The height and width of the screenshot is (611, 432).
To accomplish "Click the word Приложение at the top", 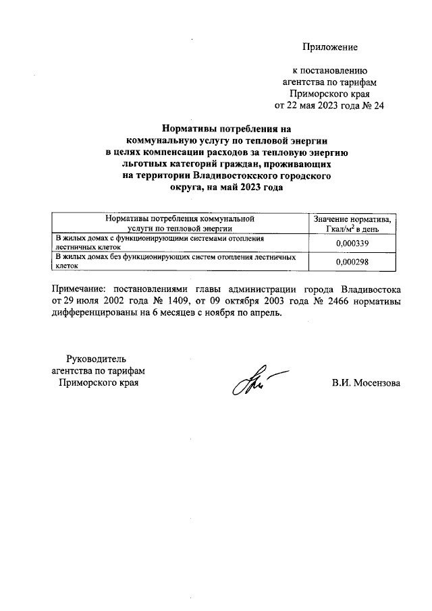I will tap(329, 47).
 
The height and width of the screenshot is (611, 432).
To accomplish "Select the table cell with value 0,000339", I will tap(352, 243).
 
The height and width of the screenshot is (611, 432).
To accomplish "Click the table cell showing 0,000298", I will tap(352, 262).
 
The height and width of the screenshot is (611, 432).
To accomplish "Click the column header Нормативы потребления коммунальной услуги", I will tap(180, 224).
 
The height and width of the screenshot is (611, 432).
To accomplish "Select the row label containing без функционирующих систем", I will tap(175, 262).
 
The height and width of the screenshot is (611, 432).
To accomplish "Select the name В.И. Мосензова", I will tap(365, 383).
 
